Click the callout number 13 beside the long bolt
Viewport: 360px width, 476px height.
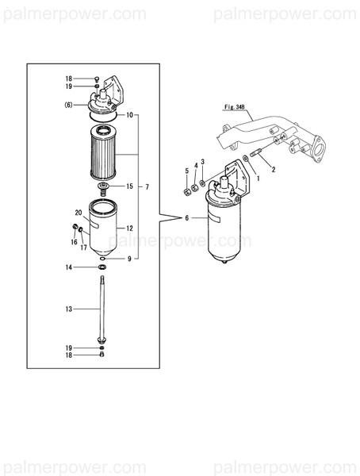point(68,308)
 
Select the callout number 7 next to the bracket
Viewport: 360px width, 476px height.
point(147,187)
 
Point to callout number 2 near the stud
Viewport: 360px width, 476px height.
point(274,169)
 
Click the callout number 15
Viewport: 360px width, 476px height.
point(129,186)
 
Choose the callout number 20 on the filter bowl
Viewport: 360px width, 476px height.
point(79,213)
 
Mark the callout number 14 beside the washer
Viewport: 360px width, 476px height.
point(68,268)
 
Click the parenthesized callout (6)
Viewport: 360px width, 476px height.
point(69,105)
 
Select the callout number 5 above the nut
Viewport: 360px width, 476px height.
point(187,171)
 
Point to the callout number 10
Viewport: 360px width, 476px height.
point(129,115)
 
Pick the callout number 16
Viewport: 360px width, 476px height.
point(74,243)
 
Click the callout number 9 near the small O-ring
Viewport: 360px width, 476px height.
point(129,259)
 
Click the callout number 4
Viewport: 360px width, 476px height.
point(196,166)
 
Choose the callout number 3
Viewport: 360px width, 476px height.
point(203,162)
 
